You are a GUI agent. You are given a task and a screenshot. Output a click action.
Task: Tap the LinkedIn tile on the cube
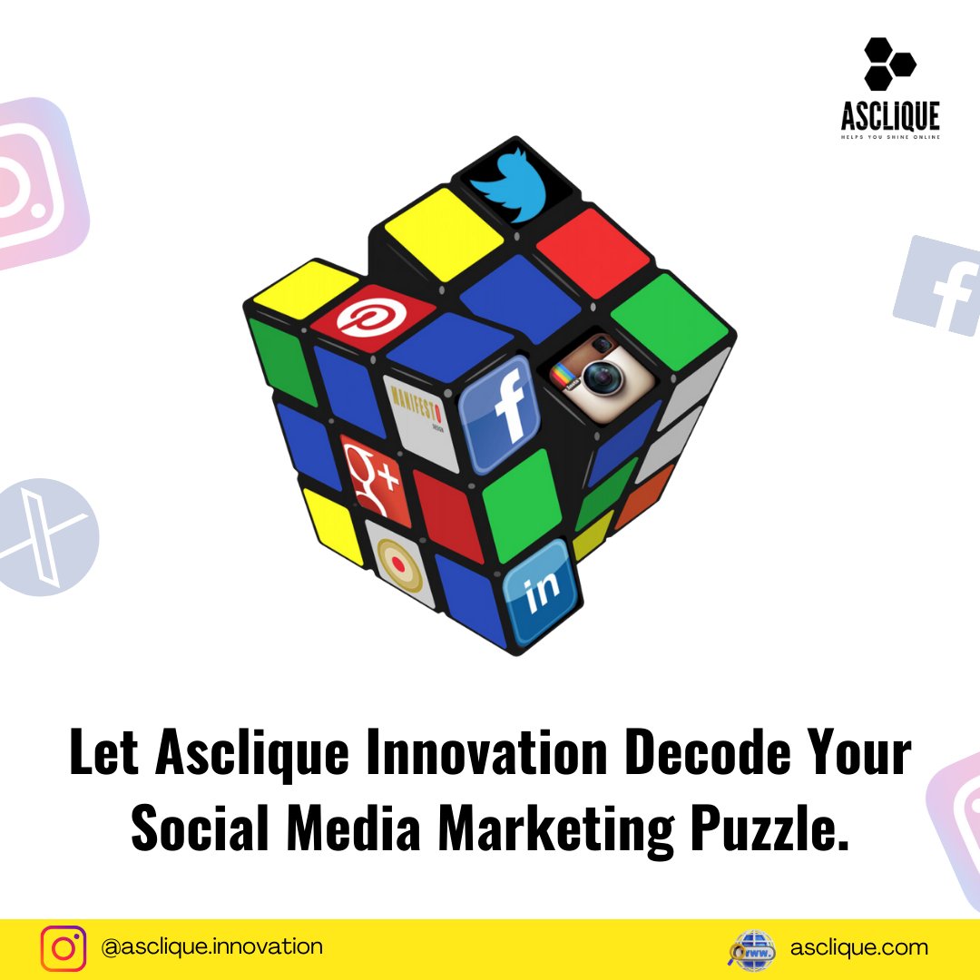click(x=543, y=591)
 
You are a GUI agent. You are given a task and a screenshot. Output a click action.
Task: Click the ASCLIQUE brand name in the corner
click(x=889, y=116)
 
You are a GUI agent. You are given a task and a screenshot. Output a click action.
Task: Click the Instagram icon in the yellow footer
click(x=64, y=948)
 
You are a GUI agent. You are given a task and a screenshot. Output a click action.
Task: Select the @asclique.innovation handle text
click(x=212, y=947)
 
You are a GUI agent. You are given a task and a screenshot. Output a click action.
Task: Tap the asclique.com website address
click(x=858, y=948)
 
